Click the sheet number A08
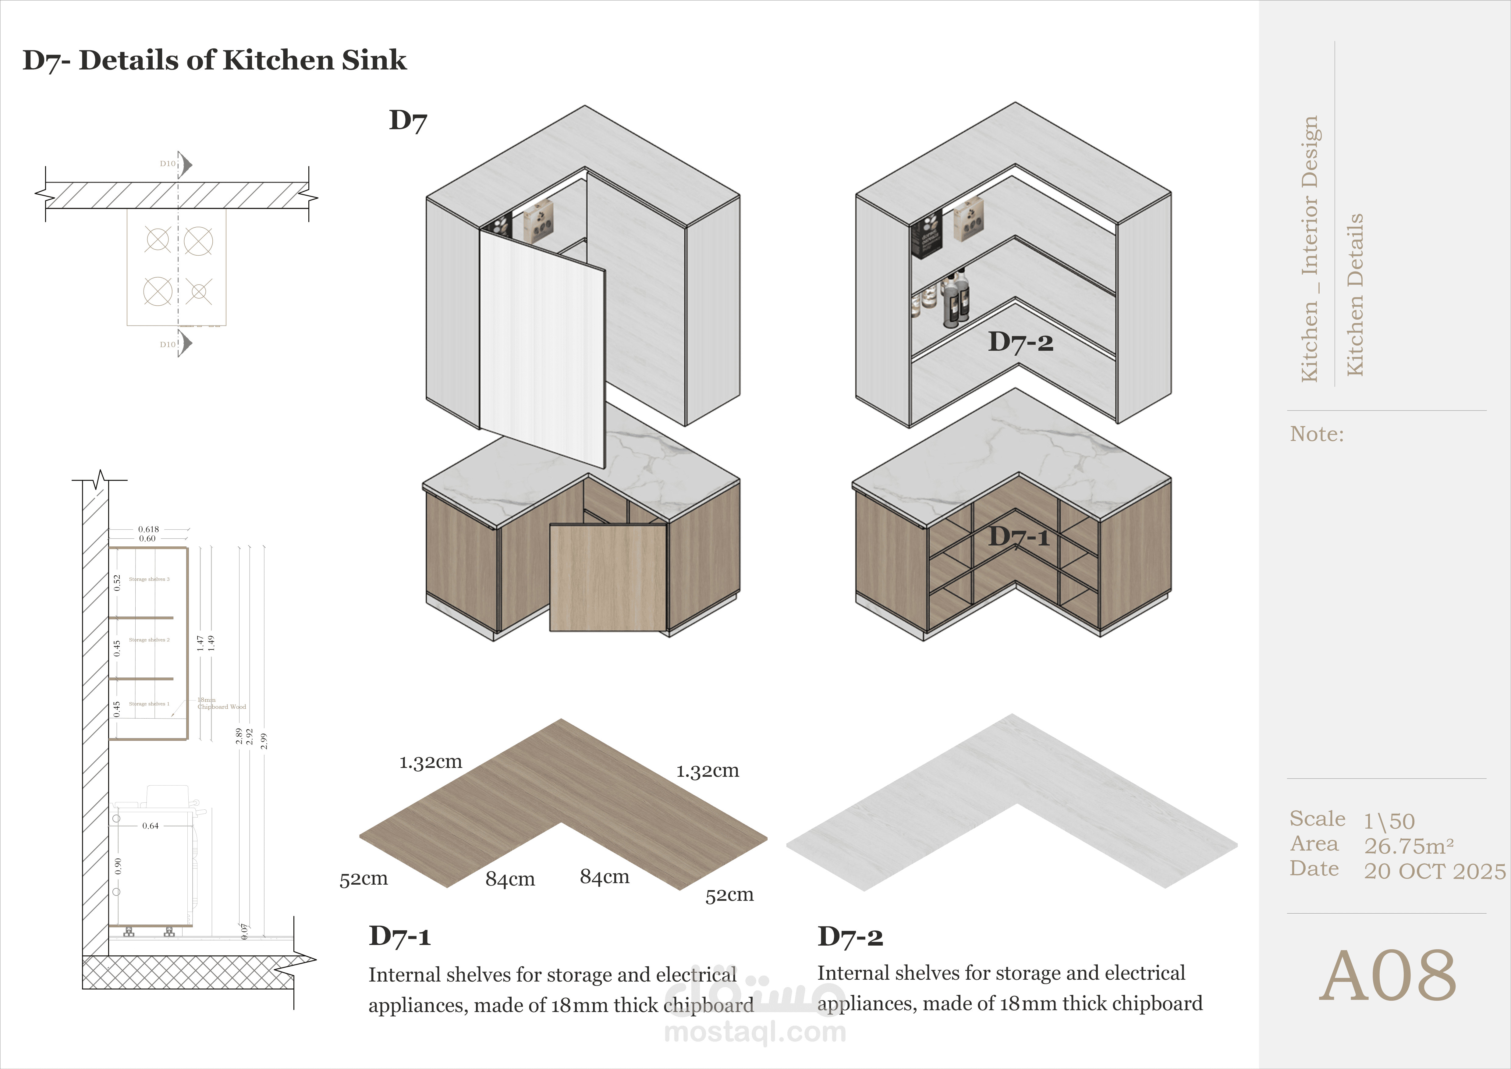point(1387,976)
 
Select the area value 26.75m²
point(1408,846)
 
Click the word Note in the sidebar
point(1316,434)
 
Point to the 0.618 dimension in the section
point(149,529)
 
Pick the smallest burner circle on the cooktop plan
point(199,291)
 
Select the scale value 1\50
point(1389,821)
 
